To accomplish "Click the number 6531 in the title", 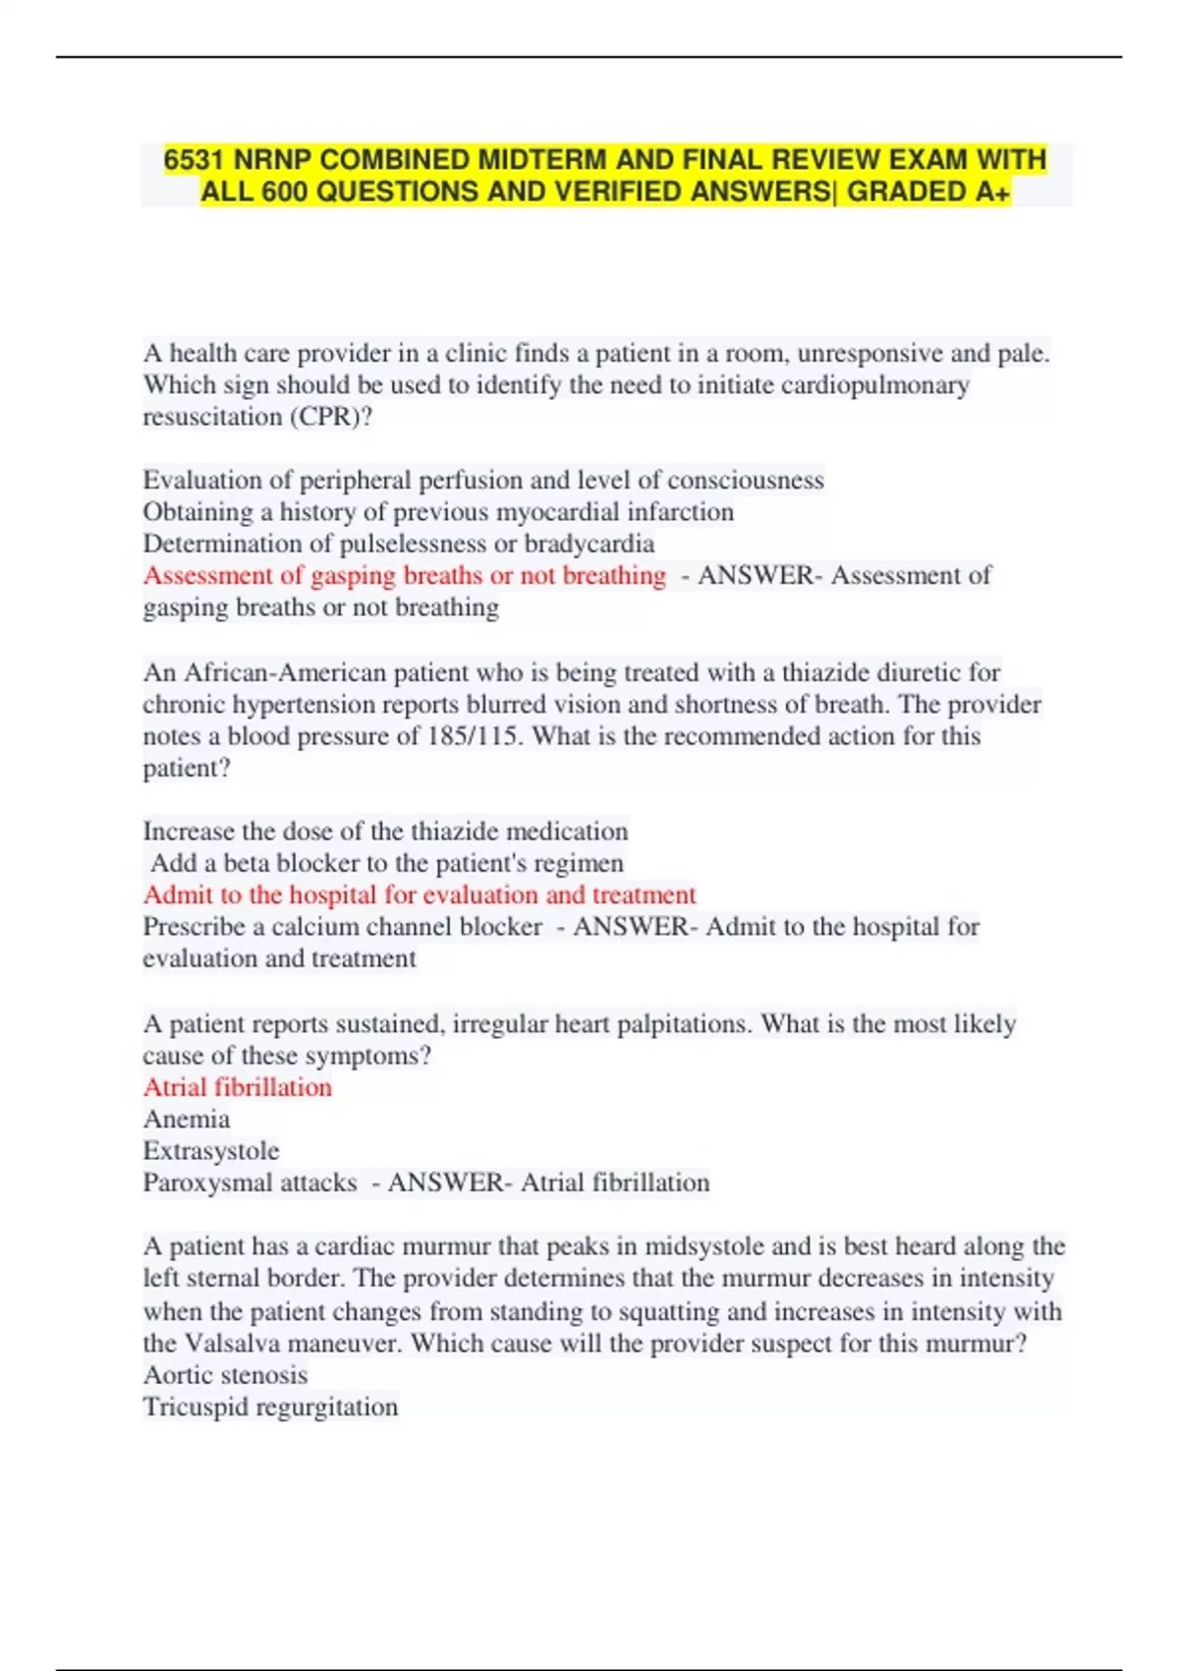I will click(x=195, y=159).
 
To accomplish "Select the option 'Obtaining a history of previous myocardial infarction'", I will click(x=438, y=512).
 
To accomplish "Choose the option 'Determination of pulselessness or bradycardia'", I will click(x=399, y=544).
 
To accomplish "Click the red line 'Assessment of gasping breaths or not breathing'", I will click(x=405, y=576).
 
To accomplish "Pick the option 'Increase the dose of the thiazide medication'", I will click(x=385, y=832).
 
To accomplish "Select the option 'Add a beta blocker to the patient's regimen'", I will click(x=387, y=863).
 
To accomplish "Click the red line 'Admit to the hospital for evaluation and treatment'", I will click(x=420, y=895).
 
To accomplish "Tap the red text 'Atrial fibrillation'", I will click(x=238, y=1087).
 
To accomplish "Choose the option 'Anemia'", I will click(x=187, y=1120).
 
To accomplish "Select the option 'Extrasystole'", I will click(x=211, y=1151).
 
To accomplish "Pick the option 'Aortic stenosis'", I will click(x=225, y=1375).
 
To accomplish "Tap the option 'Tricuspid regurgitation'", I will click(x=270, y=1407).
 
